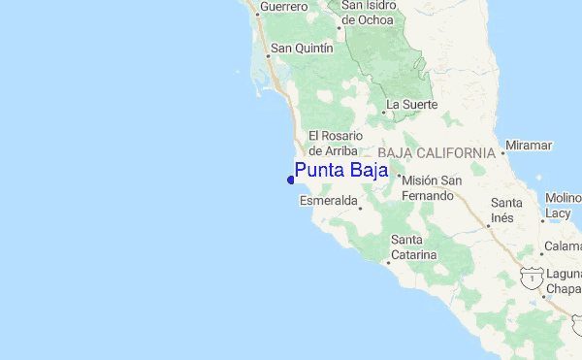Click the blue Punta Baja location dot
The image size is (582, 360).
coord(291,179)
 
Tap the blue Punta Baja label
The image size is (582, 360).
coord(341,171)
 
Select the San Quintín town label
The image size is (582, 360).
coord(302,48)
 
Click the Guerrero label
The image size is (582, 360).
coord(282,7)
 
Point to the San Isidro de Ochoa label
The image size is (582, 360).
coord(368,13)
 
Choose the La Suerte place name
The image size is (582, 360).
coord(412,104)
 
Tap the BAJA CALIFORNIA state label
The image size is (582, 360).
coord(436,153)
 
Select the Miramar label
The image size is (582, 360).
coord(529,146)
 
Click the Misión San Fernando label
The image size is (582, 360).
coord(428,188)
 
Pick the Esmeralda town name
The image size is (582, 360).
coord(327,201)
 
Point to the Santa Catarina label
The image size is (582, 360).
coord(414,247)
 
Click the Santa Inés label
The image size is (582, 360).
coord(507,210)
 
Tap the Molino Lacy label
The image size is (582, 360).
coord(563,206)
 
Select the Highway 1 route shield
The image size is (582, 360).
coord(530,277)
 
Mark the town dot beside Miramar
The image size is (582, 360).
coord(504,153)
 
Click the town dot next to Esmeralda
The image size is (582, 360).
coord(360,208)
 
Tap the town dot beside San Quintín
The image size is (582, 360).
coord(269,55)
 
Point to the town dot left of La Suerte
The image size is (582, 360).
coord(383,112)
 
